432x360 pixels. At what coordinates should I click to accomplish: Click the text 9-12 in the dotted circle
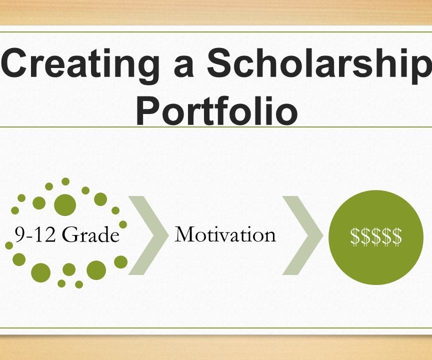33,234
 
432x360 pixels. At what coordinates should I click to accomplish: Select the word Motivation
225,234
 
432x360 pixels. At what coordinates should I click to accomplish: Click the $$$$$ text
376,236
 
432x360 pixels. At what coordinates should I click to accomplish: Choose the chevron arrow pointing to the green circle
302,235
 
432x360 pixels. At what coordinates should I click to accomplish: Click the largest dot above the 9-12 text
65,204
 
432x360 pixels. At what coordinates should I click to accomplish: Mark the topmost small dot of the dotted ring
65,181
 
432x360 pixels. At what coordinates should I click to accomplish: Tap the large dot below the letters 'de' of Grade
96,270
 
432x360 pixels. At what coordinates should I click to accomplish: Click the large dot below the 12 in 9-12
41,272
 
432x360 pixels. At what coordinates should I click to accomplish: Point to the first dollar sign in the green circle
355,236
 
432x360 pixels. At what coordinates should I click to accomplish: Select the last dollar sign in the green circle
396,236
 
